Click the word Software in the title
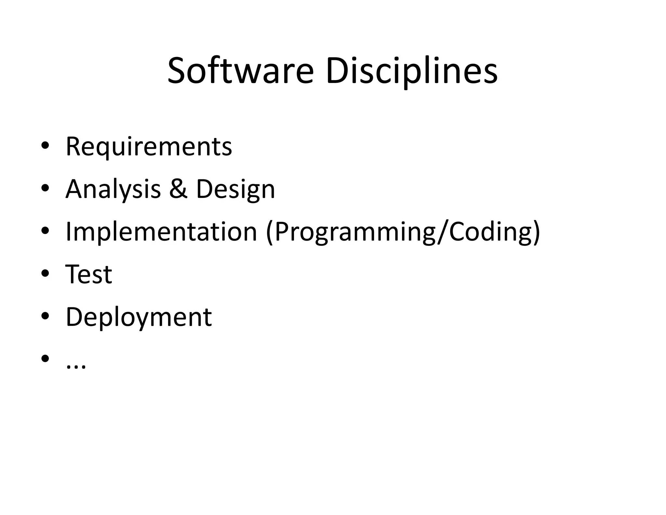coord(241,71)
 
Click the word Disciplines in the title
coord(411,71)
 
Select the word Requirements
coord(149,147)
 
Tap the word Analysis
coord(113,189)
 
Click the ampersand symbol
coord(178,189)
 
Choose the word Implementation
coord(161,232)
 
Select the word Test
coord(89,274)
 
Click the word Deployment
coord(139,317)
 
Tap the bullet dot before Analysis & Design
coord(45,188)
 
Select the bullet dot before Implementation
coord(45,231)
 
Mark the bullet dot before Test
coord(45,273)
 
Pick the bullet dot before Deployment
coord(45,316)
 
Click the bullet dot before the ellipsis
coord(45,358)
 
